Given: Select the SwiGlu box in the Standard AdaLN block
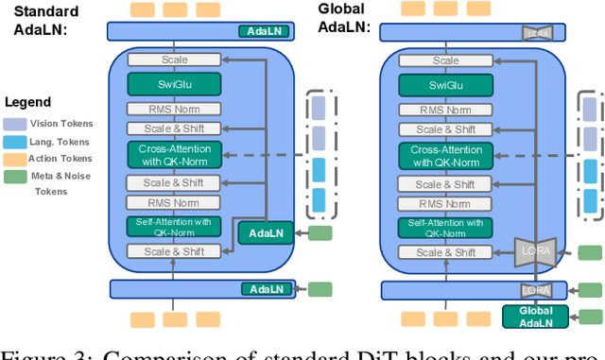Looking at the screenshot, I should click(x=173, y=84).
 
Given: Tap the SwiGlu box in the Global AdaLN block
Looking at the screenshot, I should click(x=446, y=85).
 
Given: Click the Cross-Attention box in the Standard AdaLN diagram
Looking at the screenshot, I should click(x=173, y=154).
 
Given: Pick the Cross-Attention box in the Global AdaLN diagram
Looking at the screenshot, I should click(x=446, y=155).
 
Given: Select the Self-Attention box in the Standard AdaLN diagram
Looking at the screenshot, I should click(x=173, y=226).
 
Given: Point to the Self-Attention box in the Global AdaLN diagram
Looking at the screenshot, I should click(x=446, y=227).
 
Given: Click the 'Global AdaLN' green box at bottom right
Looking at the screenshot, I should click(x=534, y=317).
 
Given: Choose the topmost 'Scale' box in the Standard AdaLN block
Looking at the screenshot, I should click(x=173, y=60).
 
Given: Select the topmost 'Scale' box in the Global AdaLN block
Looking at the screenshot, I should click(x=446, y=60).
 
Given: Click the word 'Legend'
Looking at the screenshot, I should click(x=28, y=101).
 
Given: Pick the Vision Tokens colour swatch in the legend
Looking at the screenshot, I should click(x=13, y=122).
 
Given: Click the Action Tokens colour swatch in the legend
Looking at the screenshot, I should click(x=13, y=158).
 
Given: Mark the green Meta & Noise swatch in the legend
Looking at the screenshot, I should click(x=13, y=176).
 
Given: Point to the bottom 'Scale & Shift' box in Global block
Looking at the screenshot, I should click(x=446, y=252).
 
